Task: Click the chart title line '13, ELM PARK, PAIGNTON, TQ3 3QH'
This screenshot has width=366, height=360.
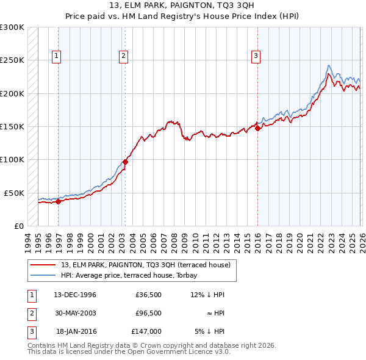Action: pyautogui.click(x=182, y=6)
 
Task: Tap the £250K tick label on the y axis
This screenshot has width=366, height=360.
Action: pyautogui.click(x=12, y=60)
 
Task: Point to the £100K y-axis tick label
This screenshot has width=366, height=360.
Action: pyautogui.click(x=12, y=159)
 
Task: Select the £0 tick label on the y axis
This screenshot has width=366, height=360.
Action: pyautogui.click(x=18, y=226)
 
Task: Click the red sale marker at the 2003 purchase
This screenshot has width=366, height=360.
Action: pyautogui.click(x=125, y=162)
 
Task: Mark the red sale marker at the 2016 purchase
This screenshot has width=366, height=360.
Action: pyautogui.click(x=257, y=128)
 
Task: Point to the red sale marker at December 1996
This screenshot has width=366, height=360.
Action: pyautogui.click(x=59, y=202)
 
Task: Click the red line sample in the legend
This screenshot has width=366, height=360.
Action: pyautogui.click(x=45, y=265)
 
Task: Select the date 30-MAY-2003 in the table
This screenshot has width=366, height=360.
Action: pyautogui.click(x=76, y=313)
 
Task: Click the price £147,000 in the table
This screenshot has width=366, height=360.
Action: pyautogui.click(x=146, y=331)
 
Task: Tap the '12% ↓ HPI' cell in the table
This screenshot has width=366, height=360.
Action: pyautogui.click(x=207, y=295)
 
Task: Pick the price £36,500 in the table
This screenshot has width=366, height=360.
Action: pyautogui.click(x=148, y=295)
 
